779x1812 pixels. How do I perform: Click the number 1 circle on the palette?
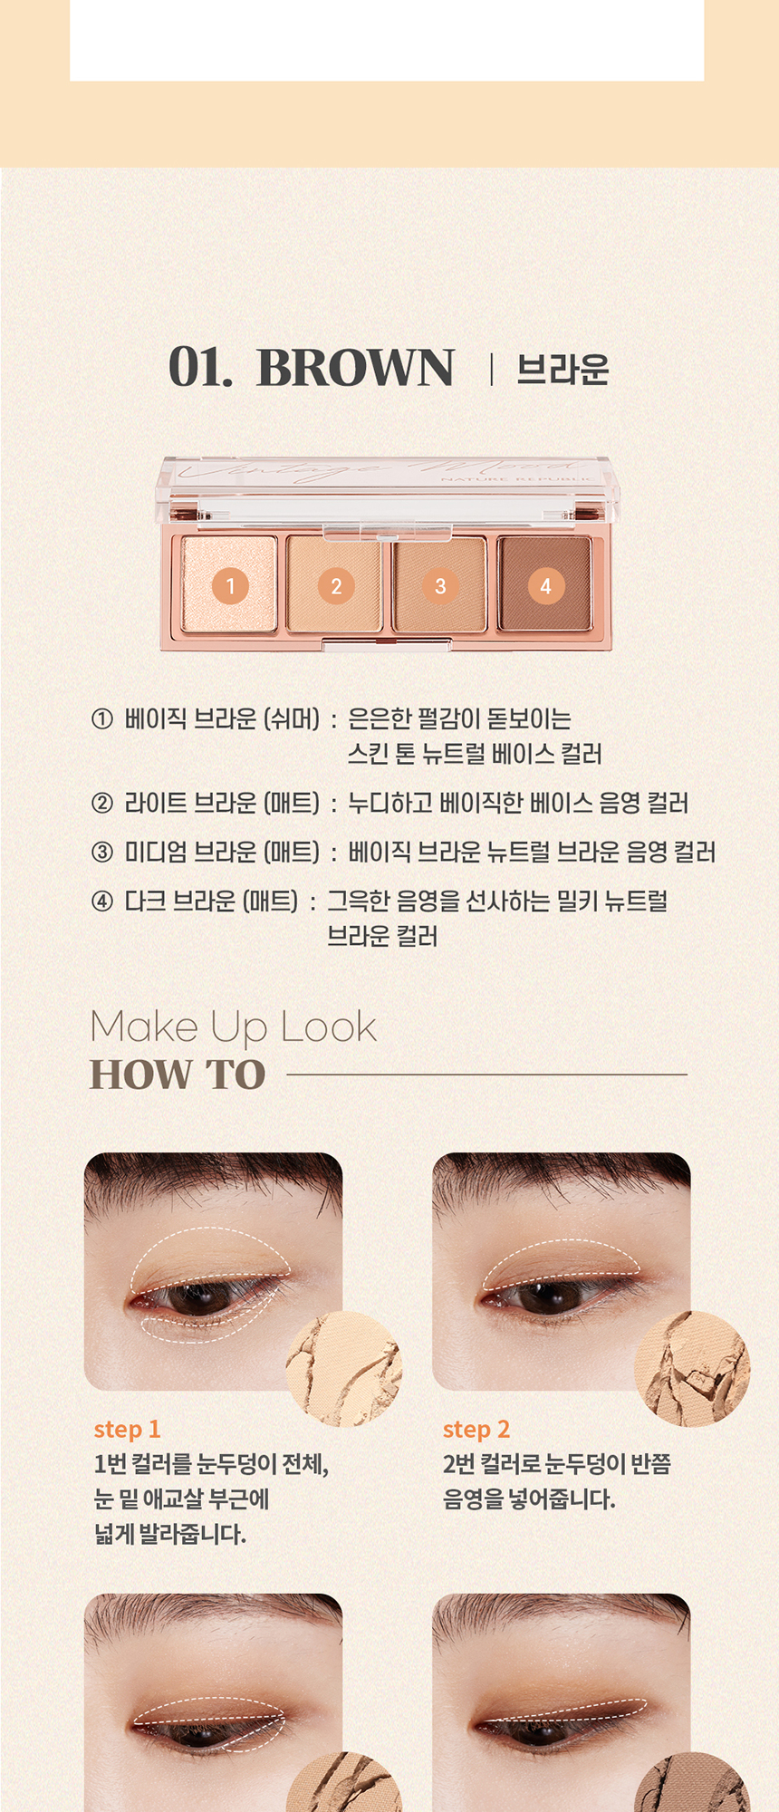(230, 586)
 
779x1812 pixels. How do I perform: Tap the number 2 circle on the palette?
(336, 586)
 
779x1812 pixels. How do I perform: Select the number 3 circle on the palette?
(440, 586)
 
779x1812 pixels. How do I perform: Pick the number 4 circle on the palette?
(545, 586)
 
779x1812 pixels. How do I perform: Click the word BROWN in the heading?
(355, 368)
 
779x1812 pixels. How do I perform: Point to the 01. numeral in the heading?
(200, 368)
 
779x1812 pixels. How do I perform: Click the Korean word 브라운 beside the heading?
(563, 370)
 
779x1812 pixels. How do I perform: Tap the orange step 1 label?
(127, 1430)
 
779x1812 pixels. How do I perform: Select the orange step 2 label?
(476, 1430)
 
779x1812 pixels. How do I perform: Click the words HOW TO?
(178, 1075)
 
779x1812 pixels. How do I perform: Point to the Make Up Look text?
(233, 1027)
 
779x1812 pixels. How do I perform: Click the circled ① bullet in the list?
(102, 719)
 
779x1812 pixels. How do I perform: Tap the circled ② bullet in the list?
(102, 803)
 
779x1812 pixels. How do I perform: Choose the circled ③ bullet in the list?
(102, 852)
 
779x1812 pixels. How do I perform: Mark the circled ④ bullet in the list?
(102, 901)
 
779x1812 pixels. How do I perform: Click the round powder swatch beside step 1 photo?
(344, 1369)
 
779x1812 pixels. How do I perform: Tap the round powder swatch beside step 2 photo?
(693, 1369)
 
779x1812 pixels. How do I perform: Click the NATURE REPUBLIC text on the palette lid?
(516, 477)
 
